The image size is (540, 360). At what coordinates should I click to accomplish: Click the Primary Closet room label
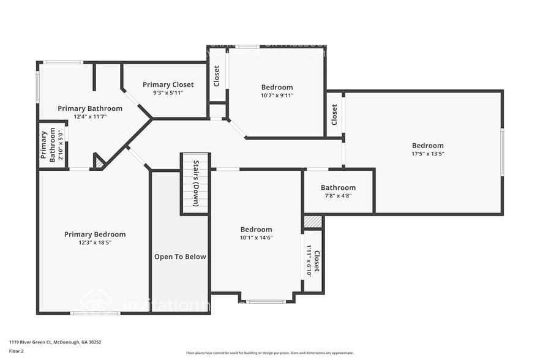[x=168, y=84]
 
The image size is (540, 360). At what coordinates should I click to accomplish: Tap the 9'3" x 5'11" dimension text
[x=168, y=93]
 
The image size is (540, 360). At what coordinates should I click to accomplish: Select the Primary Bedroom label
[x=95, y=234]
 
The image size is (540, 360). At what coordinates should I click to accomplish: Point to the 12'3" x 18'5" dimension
[x=95, y=242]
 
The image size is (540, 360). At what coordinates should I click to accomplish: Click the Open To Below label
[x=180, y=257]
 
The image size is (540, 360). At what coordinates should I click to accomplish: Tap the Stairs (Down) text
[x=195, y=184]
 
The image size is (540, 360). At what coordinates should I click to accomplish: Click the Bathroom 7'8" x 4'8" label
[x=338, y=188]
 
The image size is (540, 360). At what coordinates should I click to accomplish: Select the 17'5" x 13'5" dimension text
[x=427, y=154]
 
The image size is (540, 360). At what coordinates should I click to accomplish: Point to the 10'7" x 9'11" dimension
[x=277, y=96]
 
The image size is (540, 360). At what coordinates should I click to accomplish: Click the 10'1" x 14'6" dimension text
[x=256, y=238]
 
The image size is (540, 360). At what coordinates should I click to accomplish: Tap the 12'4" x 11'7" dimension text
[x=90, y=116]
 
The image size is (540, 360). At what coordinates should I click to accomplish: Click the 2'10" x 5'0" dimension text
[x=53, y=144]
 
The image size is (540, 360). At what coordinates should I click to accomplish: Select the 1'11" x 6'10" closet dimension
[x=309, y=261]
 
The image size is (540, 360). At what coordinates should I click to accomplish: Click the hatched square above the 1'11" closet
[x=312, y=222]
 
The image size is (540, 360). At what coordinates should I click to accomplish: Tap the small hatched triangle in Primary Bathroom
[x=99, y=163]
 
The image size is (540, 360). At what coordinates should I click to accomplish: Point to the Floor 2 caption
[x=17, y=351]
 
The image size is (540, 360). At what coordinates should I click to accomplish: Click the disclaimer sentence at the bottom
[x=270, y=353]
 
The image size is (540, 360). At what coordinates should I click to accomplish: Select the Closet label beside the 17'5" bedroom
[x=334, y=114]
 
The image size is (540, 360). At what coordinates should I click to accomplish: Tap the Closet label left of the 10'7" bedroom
[x=217, y=77]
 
